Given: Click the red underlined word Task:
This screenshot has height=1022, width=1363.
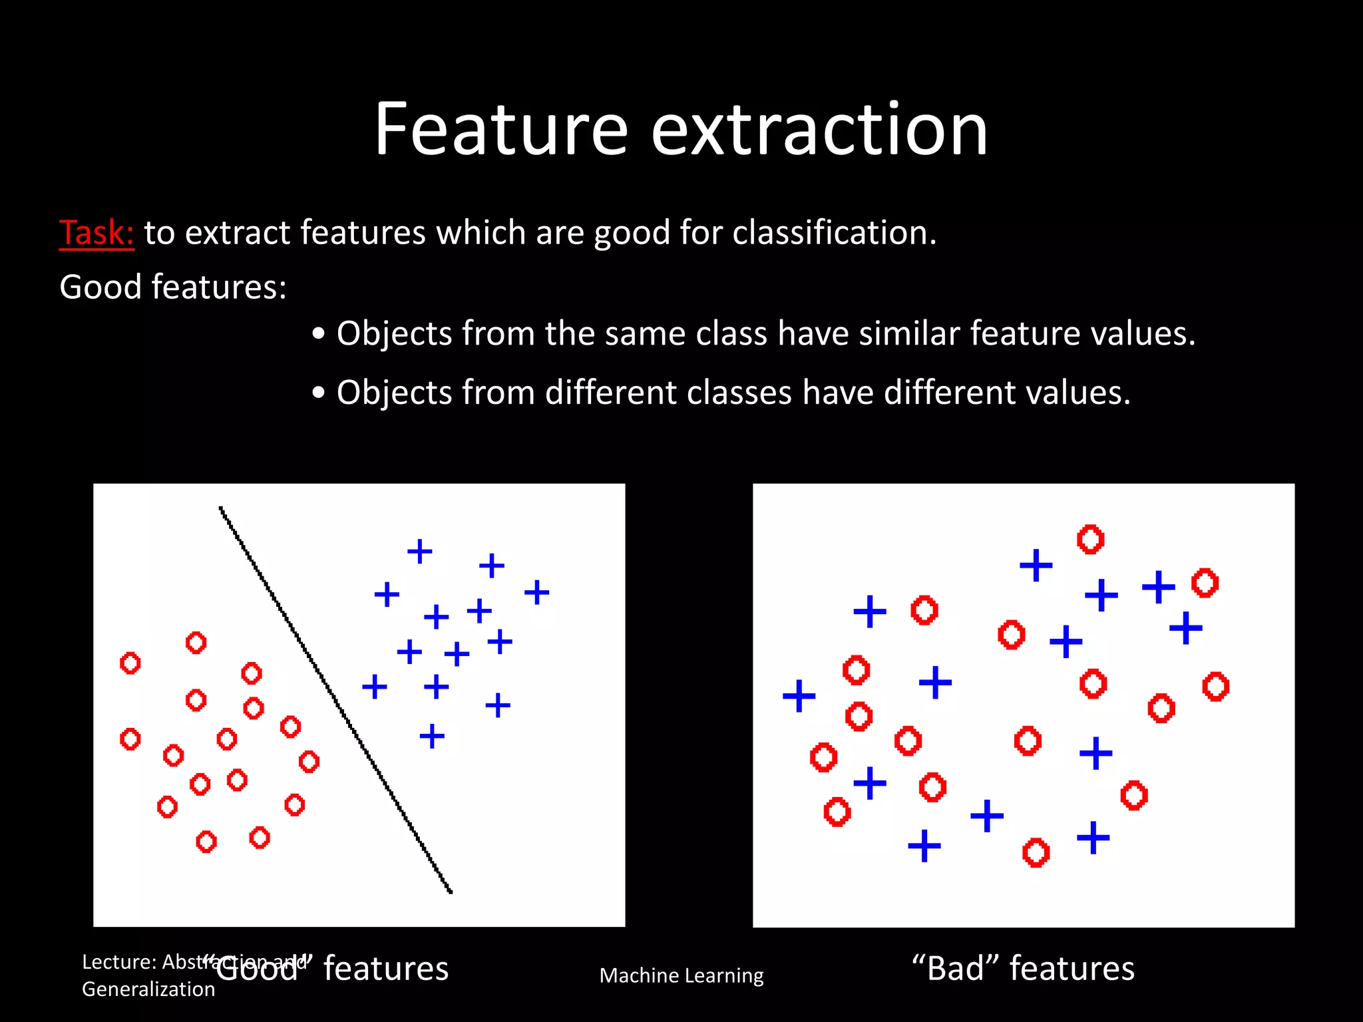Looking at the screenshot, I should (97, 233).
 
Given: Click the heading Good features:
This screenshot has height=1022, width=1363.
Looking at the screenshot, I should (173, 287).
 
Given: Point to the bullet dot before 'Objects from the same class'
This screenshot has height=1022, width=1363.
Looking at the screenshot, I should (319, 333).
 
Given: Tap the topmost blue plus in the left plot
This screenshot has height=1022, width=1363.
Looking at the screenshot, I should (420, 551).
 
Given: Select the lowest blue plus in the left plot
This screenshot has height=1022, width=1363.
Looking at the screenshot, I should (432, 736).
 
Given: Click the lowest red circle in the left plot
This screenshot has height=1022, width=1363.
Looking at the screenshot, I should (206, 842).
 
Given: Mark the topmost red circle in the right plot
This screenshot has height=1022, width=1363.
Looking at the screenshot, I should (1090, 539).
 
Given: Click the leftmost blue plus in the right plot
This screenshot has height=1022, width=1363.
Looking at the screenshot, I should (799, 696).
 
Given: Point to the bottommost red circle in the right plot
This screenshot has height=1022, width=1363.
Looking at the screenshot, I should (1036, 852).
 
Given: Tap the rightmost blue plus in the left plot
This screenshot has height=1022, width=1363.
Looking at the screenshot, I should (536, 592).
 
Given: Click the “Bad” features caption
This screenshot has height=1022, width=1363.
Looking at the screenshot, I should (1023, 968).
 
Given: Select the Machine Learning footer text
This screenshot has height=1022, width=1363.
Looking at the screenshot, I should (681, 975).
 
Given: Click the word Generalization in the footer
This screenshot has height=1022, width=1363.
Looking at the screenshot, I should (148, 989).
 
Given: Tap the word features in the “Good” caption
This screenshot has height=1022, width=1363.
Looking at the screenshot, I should (386, 968).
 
